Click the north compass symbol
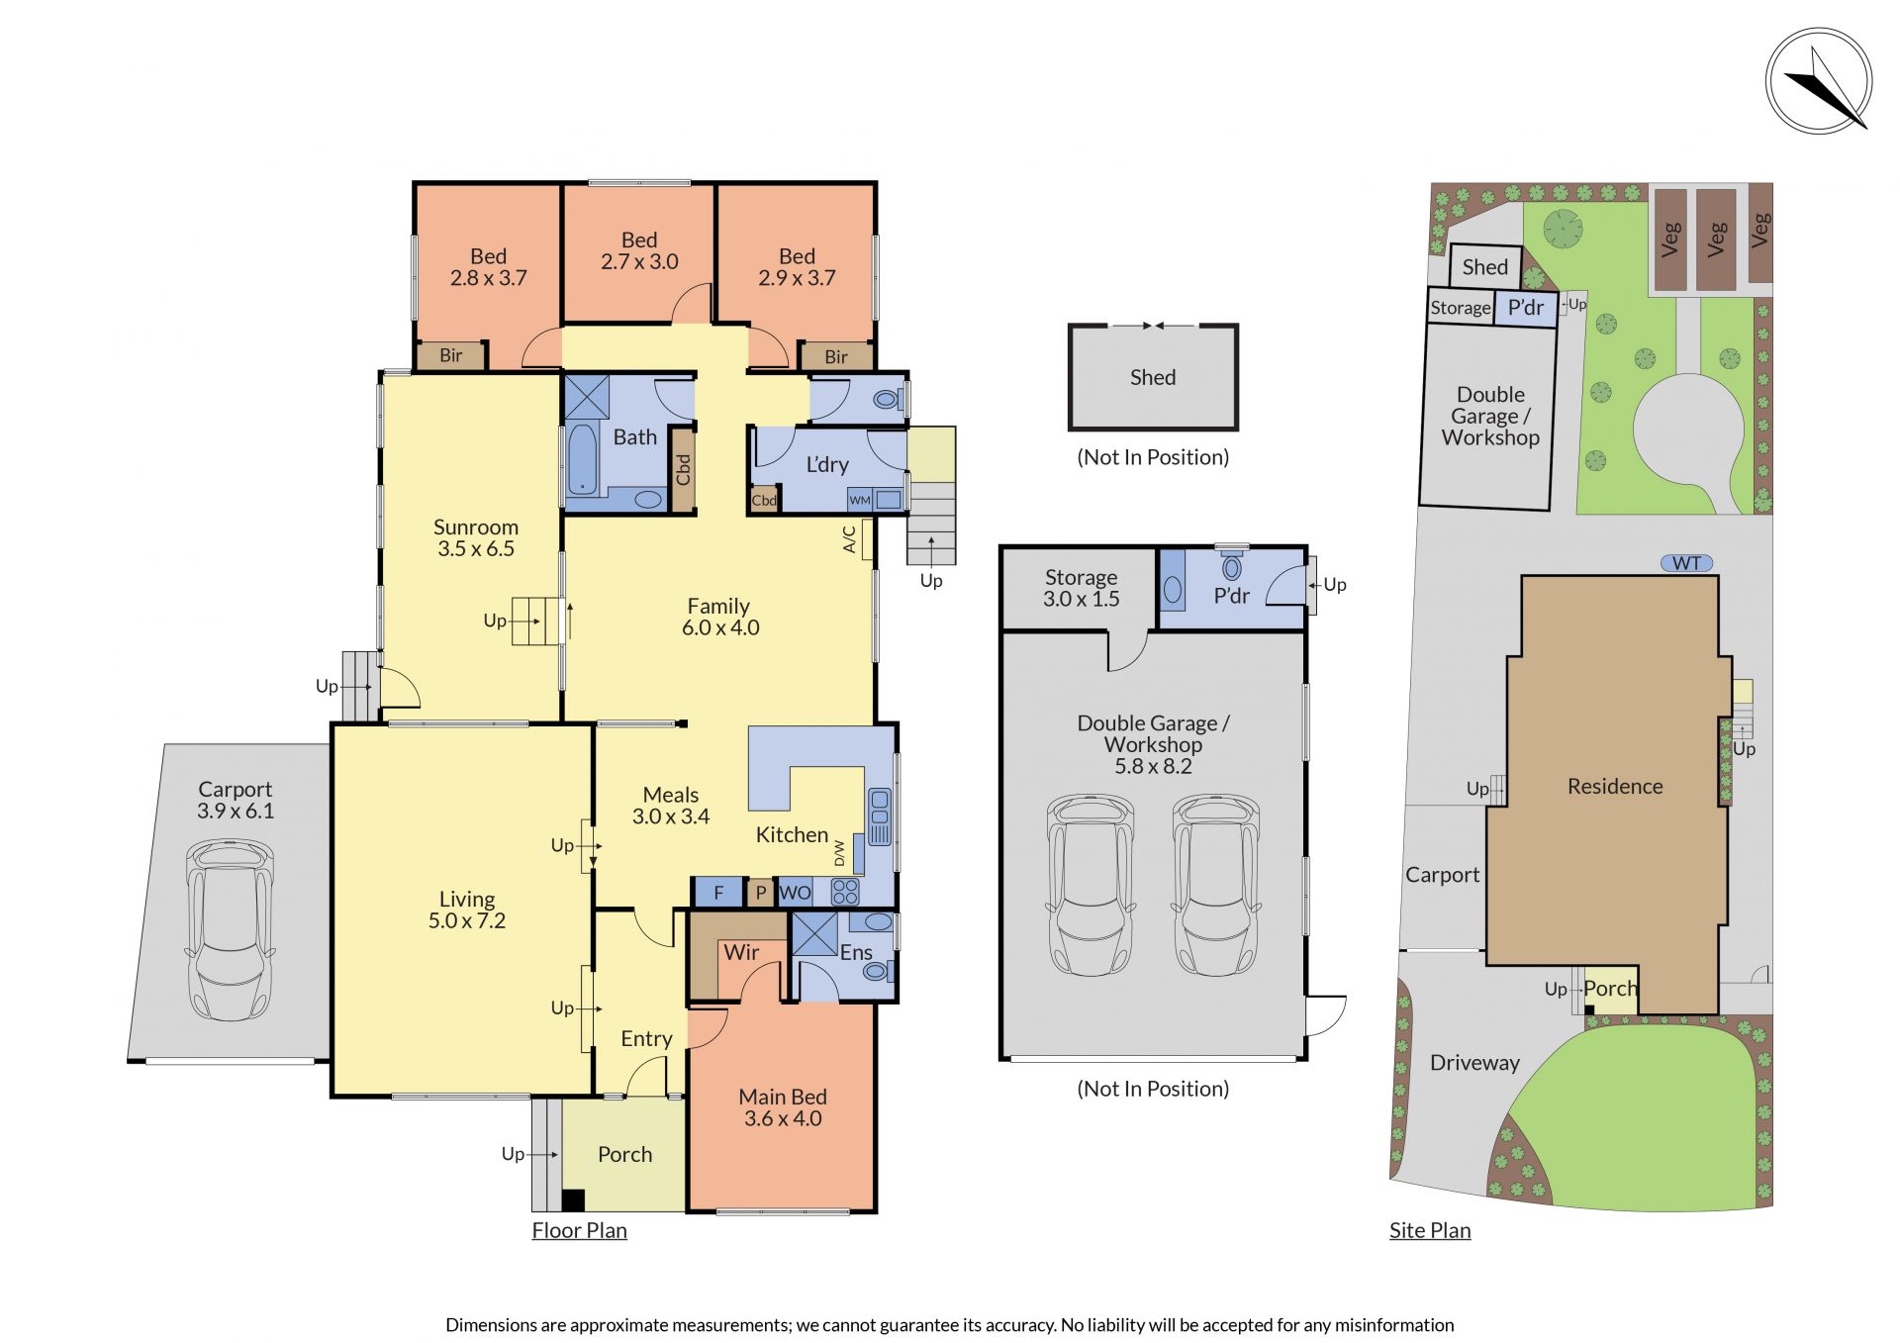pos(1819,81)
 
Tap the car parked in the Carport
pos(231,930)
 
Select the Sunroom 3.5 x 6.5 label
pos(476,538)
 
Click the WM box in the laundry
pos(860,500)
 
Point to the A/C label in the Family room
pos(849,538)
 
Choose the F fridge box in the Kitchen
pos(718,893)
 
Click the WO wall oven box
pos(795,893)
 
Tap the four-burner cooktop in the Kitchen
pos(845,893)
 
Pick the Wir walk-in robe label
pos(741,952)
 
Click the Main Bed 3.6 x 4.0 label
pos(783,1107)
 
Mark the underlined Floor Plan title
pos(579,1230)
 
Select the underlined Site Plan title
pos(1430,1230)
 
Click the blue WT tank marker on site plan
pos(1686,563)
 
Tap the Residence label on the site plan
pos(1615,786)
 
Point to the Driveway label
pos(1474,1063)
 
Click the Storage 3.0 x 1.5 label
pos(1081,588)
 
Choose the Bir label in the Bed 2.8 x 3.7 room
pos(450,355)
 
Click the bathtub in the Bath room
pos(582,458)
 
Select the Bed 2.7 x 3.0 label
pos(639,251)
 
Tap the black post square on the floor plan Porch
pos(573,1200)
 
